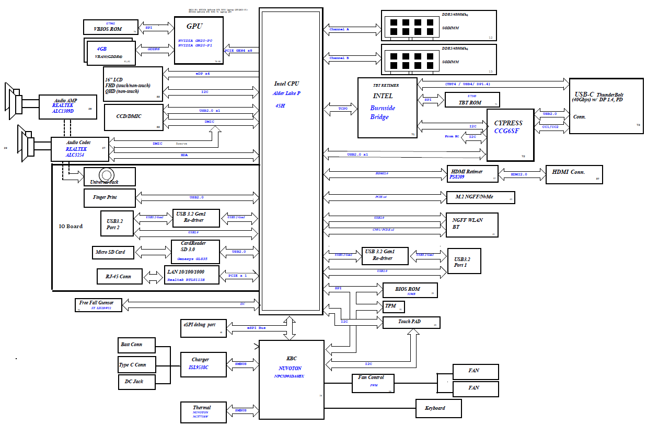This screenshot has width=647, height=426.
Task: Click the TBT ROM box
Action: coord(471,100)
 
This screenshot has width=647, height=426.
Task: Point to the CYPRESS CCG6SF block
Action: coord(510,135)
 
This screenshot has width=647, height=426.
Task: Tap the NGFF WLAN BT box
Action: coord(471,225)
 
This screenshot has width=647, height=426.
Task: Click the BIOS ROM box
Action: coord(410,290)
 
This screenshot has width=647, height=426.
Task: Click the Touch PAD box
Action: coord(411,323)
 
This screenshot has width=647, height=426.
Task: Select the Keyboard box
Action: coord(438,408)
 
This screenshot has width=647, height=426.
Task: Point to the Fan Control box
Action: coord(373,383)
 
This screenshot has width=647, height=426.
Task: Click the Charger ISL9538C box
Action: coord(203,364)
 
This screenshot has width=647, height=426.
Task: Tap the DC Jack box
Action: coord(137,382)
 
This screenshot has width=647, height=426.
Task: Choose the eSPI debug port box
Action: coord(203,327)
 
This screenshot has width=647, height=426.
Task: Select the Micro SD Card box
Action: coord(112,252)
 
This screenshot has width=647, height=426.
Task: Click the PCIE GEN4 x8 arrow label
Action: coord(238,50)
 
